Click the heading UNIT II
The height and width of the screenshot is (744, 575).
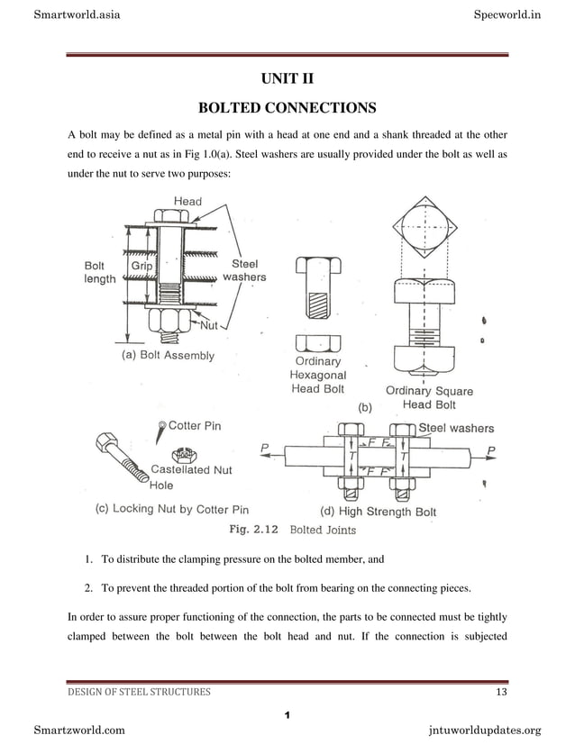click(x=287, y=79)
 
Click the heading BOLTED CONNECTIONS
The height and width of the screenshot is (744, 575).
click(x=287, y=109)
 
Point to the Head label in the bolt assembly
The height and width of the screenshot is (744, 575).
click(x=187, y=201)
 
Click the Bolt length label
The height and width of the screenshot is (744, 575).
click(x=99, y=273)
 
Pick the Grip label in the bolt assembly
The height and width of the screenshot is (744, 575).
click(x=141, y=267)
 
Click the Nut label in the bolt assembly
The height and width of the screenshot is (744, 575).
click(x=210, y=324)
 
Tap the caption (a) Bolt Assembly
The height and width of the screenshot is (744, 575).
click(x=168, y=356)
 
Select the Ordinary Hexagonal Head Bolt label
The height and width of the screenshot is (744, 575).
click(x=317, y=376)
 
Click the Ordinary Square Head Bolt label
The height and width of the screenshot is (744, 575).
click(x=429, y=398)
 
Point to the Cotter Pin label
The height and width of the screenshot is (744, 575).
click(x=195, y=425)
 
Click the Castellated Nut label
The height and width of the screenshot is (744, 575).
click(x=191, y=469)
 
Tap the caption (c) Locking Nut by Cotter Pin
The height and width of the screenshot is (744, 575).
click(x=172, y=510)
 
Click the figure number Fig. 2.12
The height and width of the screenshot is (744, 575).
click(x=253, y=530)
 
